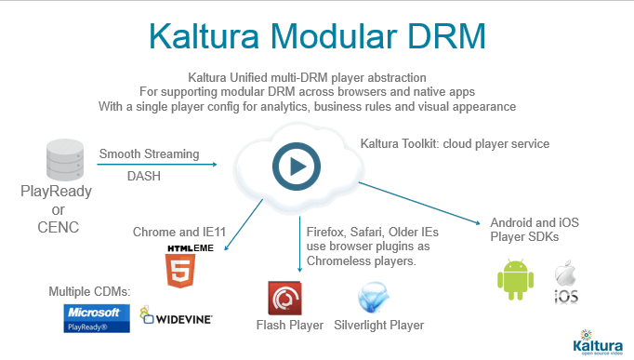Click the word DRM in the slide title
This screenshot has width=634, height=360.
pos(445,36)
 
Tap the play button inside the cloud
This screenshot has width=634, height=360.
pos(297,167)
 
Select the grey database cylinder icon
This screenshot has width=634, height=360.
pos(65,160)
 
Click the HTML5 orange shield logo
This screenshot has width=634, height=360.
pos(180,270)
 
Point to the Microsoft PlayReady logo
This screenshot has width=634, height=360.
pos(97,318)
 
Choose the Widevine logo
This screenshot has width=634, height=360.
pos(176,316)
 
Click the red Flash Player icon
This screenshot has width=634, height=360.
pos(284,298)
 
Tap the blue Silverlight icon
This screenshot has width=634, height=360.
pos(373,298)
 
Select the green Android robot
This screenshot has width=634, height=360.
pos(516,279)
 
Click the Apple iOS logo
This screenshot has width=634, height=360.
pos(566,282)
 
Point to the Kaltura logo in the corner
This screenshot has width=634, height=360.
pos(598,342)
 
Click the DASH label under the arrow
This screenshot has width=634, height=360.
pos(144,176)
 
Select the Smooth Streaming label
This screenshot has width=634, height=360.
pos(149,153)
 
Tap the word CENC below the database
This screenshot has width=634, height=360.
pos(59,227)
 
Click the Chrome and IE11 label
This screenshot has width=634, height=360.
pos(179,232)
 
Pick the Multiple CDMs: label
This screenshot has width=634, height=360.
pos(89,291)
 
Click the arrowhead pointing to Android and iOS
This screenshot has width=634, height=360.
pos(478,222)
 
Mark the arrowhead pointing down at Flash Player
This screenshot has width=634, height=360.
pos(299,270)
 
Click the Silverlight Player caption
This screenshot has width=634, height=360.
pos(379,326)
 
